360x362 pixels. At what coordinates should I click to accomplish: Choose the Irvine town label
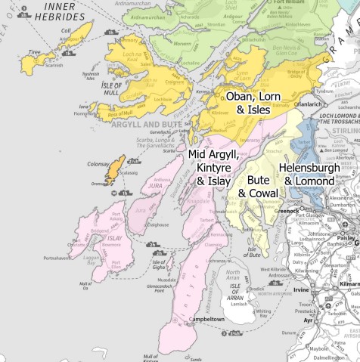pos(301,289)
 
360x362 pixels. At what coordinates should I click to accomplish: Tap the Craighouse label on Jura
pos(157,224)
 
